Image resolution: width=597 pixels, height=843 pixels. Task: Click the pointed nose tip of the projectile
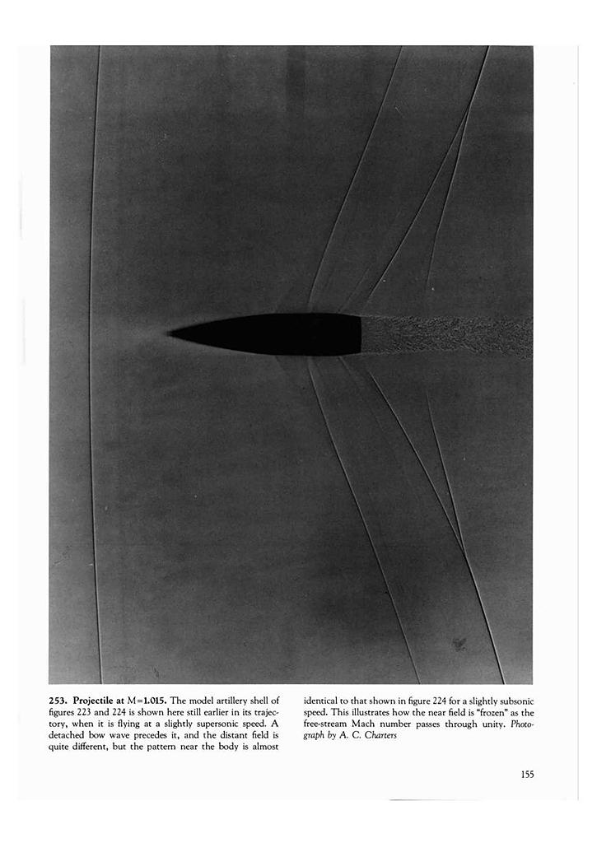(170, 333)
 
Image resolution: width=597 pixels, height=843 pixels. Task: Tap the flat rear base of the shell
(360, 334)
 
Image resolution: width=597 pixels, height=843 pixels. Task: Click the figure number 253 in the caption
(58, 700)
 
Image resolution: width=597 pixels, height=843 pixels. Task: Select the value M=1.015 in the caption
(146, 700)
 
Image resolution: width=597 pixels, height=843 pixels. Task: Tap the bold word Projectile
(98, 700)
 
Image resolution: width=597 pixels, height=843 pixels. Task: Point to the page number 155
(528, 774)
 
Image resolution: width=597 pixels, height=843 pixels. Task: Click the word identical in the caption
(322, 700)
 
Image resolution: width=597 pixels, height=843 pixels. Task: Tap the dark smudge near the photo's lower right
(458, 643)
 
